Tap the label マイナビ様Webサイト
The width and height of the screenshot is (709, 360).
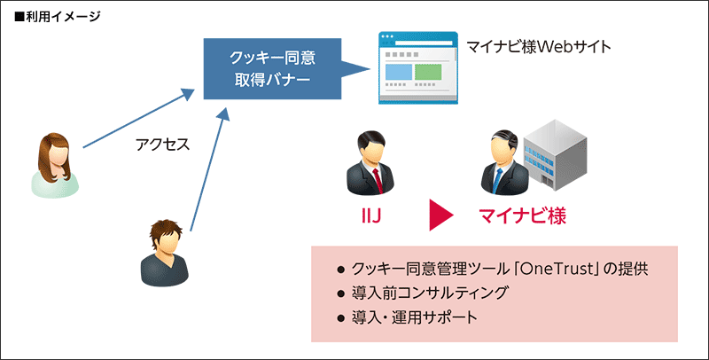[539, 45]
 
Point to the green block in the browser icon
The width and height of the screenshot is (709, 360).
[429, 71]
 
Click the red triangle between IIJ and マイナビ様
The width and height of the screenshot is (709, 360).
[440, 215]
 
